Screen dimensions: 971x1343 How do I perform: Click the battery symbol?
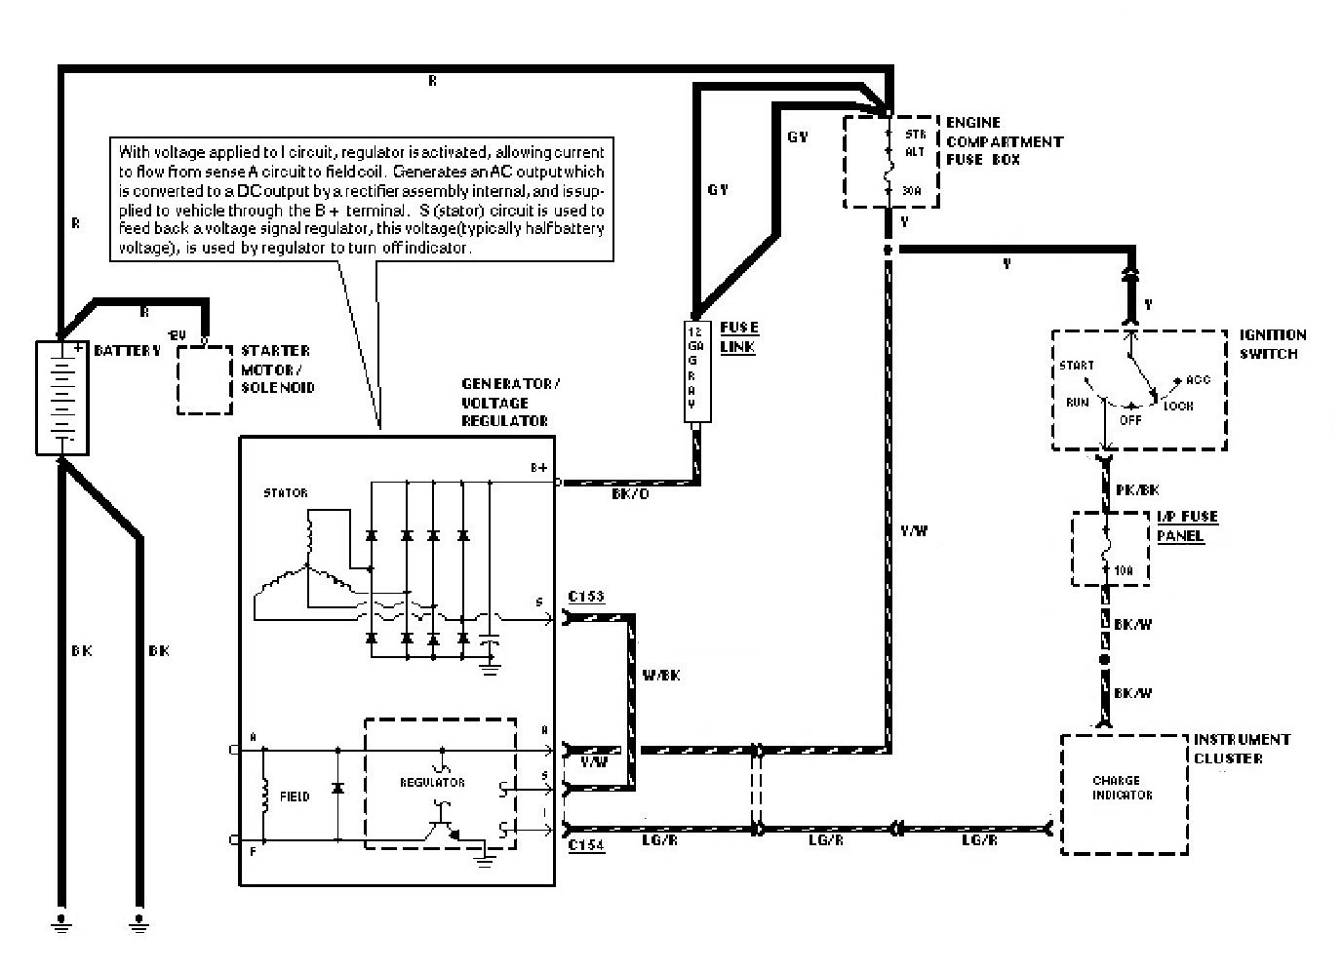click(61, 397)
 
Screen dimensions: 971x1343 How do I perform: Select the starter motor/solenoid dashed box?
click(205, 379)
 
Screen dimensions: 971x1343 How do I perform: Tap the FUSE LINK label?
click(738, 337)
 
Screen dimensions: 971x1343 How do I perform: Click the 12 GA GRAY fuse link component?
click(696, 371)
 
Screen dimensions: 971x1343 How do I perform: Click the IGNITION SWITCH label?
click(1272, 344)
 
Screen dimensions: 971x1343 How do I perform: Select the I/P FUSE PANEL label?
click(1187, 526)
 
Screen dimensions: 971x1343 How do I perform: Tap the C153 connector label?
click(586, 596)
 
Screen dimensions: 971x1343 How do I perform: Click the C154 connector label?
click(586, 846)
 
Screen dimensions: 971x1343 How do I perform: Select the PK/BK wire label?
click(1137, 490)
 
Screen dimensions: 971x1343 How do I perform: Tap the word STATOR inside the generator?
click(285, 493)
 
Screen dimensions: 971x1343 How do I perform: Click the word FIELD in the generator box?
click(294, 796)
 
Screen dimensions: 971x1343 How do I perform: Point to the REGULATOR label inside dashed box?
click(432, 782)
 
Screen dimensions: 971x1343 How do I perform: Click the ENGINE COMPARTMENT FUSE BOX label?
click(1004, 141)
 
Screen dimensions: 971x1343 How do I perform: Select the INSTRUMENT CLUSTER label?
click(1242, 749)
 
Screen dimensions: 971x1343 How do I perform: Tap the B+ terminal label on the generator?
click(538, 468)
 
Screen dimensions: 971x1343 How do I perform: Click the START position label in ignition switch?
click(1076, 366)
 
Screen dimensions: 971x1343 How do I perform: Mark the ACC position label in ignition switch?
click(1198, 380)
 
